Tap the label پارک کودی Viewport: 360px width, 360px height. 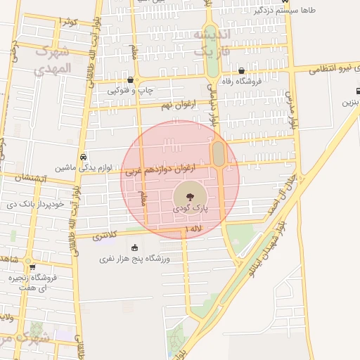tap(190, 210)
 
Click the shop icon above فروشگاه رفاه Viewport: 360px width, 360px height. tap(242, 70)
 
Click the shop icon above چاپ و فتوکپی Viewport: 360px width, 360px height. tap(131, 80)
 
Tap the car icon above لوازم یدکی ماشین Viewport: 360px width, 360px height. tap(84, 157)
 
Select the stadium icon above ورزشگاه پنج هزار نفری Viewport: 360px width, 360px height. tap(134, 247)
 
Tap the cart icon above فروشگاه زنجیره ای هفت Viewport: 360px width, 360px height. tap(32, 267)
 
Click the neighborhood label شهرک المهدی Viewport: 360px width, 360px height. tap(53, 60)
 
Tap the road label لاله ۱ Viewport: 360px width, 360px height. tap(193, 229)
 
